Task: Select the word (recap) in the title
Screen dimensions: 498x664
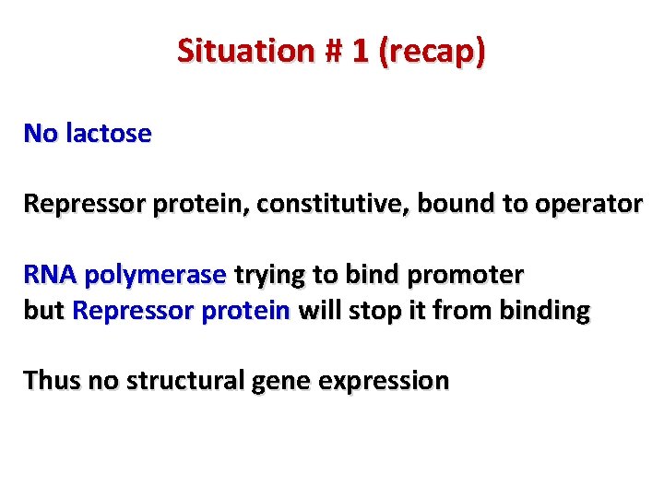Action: point(431,51)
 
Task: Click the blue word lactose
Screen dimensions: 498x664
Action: point(109,134)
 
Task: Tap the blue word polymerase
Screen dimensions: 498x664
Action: point(155,276)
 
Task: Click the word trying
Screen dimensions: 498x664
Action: point(267,276)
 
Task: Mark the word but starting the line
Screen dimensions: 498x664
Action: point(42,311)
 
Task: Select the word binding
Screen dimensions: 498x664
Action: point(544,311)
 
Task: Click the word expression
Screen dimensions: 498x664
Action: point(385,382)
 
